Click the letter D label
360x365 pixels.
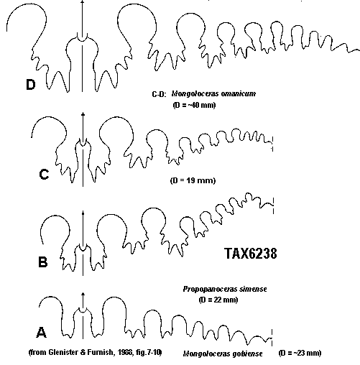(x=31, y=85)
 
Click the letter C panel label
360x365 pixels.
(x=44, y=174)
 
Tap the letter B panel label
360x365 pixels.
(x=43, y=262)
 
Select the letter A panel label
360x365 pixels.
(x=41, y=332)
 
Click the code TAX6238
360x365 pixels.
(x=251, y=254)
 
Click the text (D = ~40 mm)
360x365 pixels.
(x=194, y=105)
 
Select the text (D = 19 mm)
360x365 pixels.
(x=193, y=180)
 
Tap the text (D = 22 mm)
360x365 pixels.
(x=218, y=300)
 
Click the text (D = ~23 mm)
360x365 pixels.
(x=300, y=353)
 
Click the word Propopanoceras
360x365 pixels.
(x=207, y=289)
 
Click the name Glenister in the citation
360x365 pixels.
(x=64, y=352)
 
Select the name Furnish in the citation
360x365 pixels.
(x=99, y=352)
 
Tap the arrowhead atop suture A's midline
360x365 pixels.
(x=83, y=295)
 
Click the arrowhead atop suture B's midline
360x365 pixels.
(x=83, y=213)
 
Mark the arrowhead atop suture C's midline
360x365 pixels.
(x=83, y=114)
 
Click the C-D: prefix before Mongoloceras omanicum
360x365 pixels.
(x=159, y=94)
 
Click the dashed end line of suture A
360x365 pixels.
(x=272, y=338)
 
